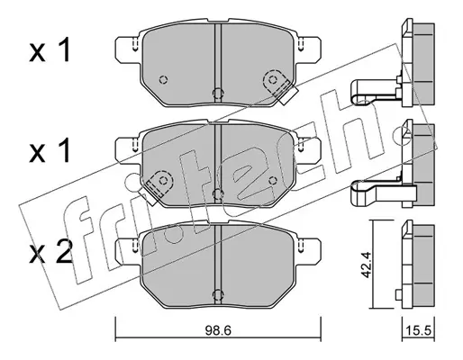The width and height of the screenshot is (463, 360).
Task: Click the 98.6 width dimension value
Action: pyautogui.click(x=218, y=331)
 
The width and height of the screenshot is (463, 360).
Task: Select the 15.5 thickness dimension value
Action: pyautogui.click(x=418, y=331)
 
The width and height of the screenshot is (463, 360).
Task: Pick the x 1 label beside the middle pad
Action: pyautogui.click(x=50, y=150)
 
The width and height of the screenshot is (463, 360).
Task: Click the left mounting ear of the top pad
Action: pyautogui.click(x=128, y=49)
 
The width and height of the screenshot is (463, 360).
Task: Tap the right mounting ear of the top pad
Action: pyautogui.click(x=309, y=49)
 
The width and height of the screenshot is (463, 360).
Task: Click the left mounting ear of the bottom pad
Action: pyautogui.click(x=128, y=251)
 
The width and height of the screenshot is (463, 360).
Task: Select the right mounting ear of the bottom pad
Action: pyautogui.click(x=309, y=251)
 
